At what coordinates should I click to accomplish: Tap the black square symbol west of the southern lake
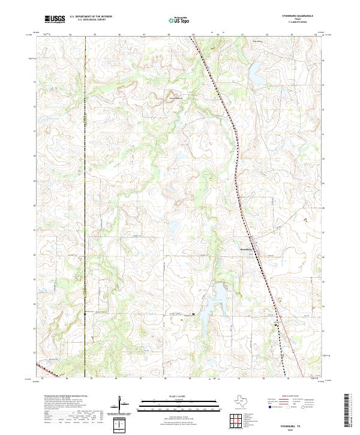[x=193, y=314]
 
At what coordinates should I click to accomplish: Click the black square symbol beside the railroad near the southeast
[x=275, y=325]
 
